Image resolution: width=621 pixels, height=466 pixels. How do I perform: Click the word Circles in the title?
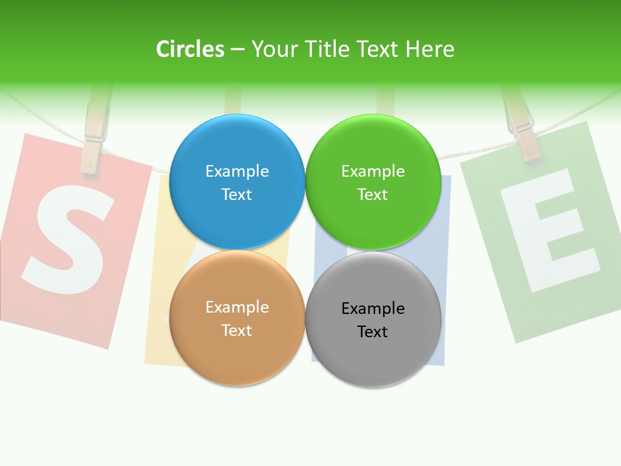tap(190, 49)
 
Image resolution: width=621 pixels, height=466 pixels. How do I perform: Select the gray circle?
tap(373, 356)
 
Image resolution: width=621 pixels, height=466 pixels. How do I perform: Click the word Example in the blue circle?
tap(237, 171)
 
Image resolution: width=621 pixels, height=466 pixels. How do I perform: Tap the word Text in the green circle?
tap(373, 194)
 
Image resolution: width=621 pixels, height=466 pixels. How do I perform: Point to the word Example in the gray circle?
tap(373, 308)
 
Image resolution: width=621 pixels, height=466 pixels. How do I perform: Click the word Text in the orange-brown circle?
tap(237, 330)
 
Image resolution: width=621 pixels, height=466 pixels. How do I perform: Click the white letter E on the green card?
tap(550, 230)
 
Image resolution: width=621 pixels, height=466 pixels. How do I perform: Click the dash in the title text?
tap(237, 50)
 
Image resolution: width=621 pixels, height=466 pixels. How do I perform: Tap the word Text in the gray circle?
tap(373, 331)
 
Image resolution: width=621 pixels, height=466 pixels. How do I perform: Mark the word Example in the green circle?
tap(373, 171)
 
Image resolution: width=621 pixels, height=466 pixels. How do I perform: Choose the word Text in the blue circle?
tap(237, 194)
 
